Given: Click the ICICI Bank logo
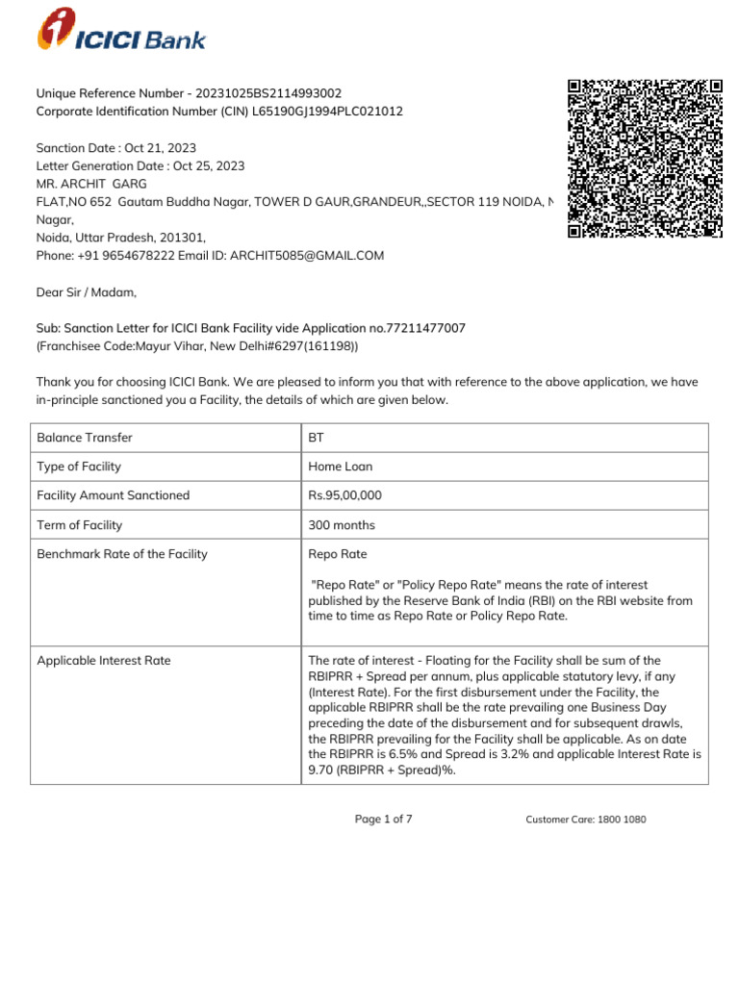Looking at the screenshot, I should point(121,30).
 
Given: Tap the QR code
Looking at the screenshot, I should point(645,158).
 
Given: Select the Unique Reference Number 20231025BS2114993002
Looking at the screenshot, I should point(268,93).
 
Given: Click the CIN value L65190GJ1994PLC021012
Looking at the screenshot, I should point(328,112).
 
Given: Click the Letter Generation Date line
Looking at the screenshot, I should point(140,165).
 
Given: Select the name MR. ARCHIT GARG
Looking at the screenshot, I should point(91,184).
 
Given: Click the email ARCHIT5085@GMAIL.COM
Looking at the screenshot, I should point(307,255).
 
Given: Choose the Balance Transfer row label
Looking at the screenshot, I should point(85,438).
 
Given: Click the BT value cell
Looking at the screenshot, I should point(317,438).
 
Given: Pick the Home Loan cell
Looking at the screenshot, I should point(340,467).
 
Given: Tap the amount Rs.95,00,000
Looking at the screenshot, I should point(344,495).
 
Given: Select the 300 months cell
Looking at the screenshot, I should point(342,525).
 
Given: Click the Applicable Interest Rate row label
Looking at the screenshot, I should point(104,661).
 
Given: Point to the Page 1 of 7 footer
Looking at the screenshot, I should point(384,819).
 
